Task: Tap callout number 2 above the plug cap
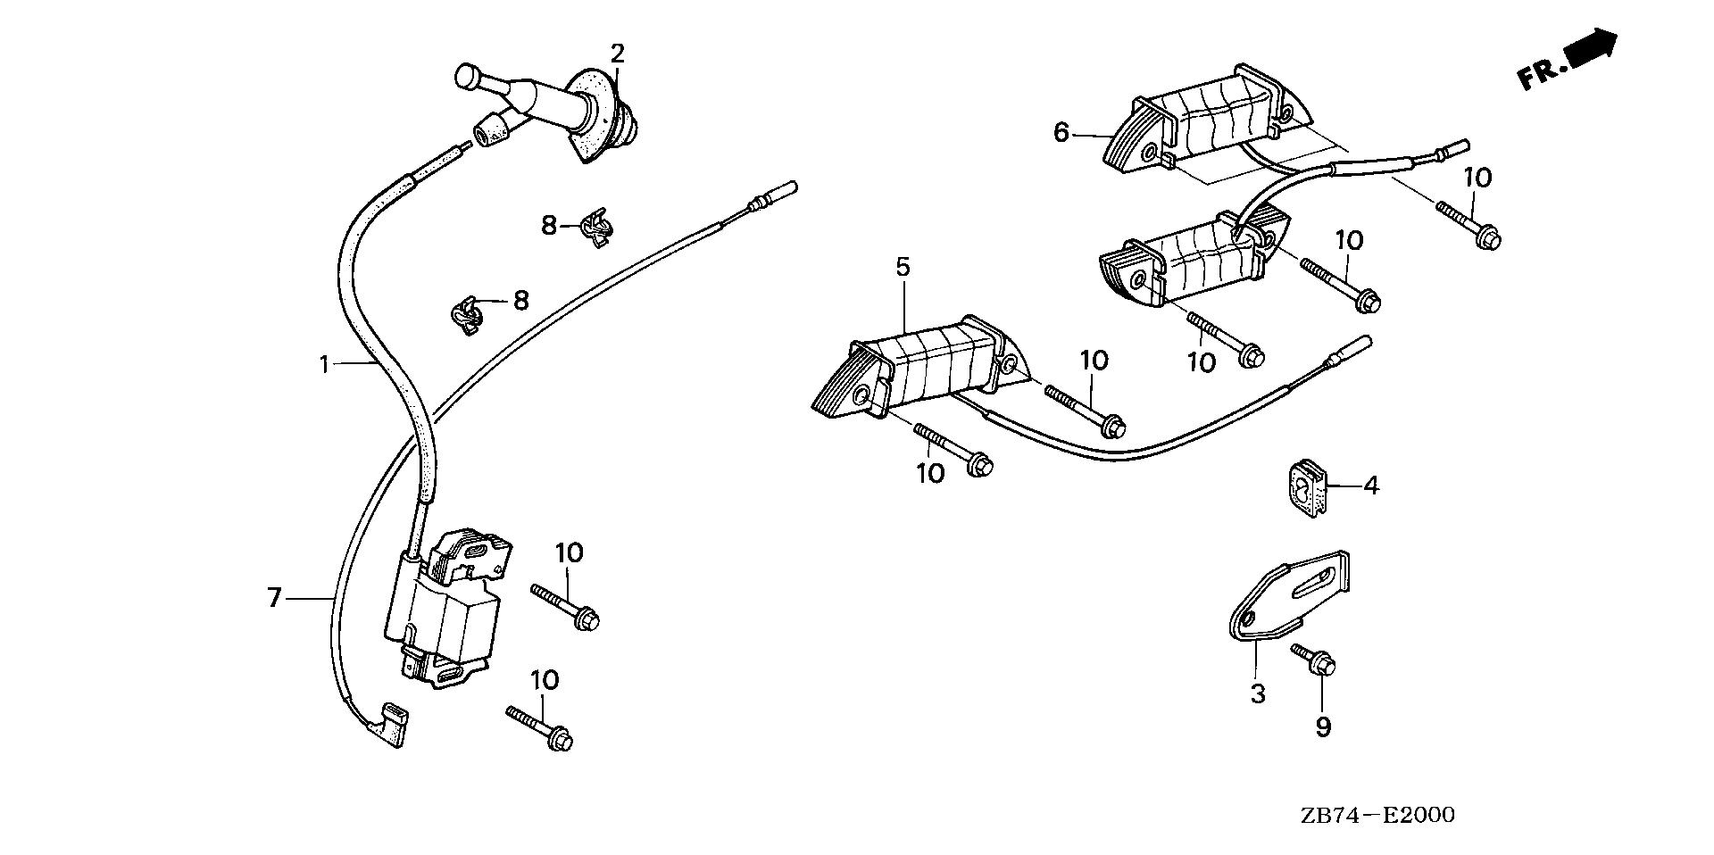tap(617, 54)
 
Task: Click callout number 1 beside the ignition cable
tap(326, 363)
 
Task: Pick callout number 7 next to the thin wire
tap(274, 597)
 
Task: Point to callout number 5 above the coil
tap(903, 267)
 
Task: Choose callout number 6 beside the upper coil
tap(1061, 133)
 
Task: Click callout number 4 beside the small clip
tap(1371, 486)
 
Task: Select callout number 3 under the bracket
tap(1257, 693)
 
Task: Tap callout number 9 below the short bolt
tap(1323, 727)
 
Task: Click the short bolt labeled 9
tap(1314, 660)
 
